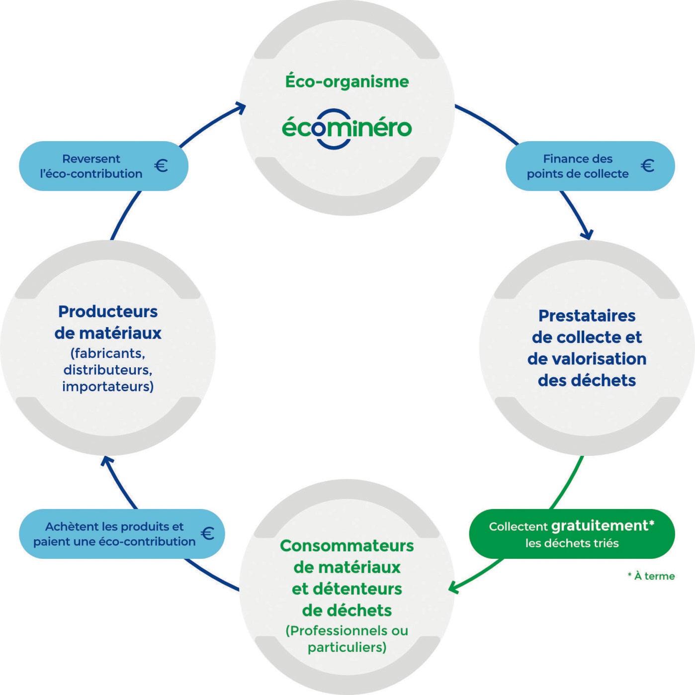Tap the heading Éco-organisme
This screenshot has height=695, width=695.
click(x=347, y=82)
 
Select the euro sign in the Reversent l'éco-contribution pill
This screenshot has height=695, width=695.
click(x=161, y=166)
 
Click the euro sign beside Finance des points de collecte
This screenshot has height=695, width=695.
click(x=647, y=166)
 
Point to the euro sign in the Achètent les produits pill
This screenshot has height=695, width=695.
click(x=208, y=533)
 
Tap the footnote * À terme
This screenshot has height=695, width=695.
click(x=651, y=576)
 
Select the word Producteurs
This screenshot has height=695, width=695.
click(x=108, y=312)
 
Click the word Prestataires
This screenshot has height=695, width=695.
click(x=587, y=316)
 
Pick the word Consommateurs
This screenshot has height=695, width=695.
click(x=347, y=546)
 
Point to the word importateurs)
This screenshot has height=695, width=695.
click(x=108, y=386)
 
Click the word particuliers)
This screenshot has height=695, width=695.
click(x=347, y=647)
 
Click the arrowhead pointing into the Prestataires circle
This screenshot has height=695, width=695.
click(x=588, y=234)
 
